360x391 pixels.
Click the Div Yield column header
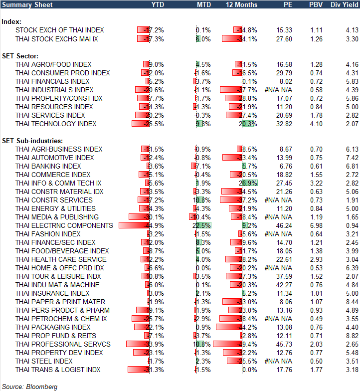[x=344, y=4]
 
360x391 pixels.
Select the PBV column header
[x=316, y=4]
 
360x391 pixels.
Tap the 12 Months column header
[x=242, y=4]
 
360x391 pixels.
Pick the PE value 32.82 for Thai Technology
[x=283, y=124]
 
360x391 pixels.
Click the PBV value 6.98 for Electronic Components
[x=316, y=225]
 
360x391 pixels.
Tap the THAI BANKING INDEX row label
[x=48, y=166]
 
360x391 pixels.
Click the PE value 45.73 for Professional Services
[x=283, y=344]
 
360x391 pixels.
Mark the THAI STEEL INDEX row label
[x=44, y=361]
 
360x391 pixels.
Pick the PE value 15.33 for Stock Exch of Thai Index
[x=283, y=30]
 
